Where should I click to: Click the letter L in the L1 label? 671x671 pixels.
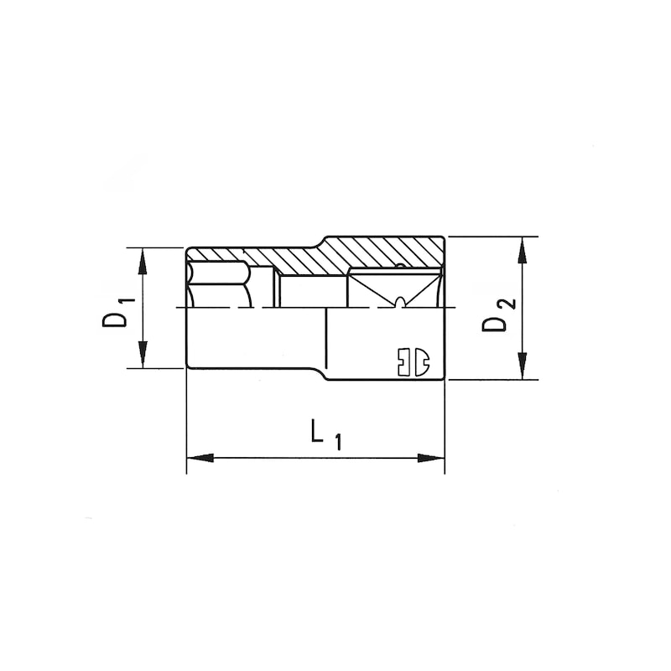317,431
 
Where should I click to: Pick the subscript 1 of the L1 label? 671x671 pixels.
337,441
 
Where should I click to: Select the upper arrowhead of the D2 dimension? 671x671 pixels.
523,248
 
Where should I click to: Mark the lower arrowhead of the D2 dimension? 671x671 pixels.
523,367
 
